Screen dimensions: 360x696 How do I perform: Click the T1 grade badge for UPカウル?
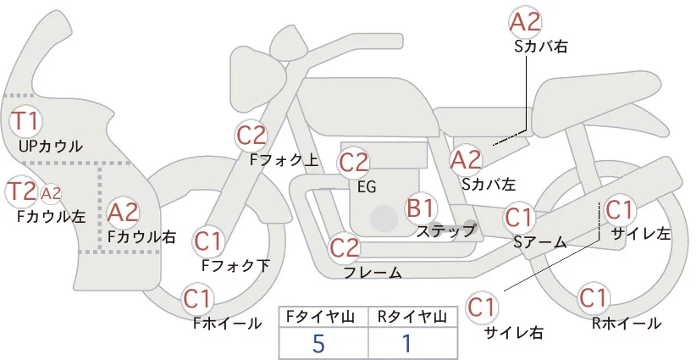[25, 120]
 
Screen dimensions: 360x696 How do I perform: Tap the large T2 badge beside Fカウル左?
[21, 192]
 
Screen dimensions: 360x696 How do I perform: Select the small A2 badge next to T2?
[51, 193]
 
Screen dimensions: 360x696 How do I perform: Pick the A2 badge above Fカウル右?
[124, 212]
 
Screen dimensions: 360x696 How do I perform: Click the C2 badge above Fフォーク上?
[251, 135]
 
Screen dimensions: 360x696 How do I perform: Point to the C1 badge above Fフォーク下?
[207, 241]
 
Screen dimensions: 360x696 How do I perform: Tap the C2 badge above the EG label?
[353, 162]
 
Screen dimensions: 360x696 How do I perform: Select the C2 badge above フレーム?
[345, 248]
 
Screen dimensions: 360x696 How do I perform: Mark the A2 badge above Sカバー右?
[525, 21]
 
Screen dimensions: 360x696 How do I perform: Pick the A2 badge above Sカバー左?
[466, 158]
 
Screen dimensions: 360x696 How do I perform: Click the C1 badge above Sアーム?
[518, 218]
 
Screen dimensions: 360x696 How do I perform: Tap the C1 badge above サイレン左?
[618, 208]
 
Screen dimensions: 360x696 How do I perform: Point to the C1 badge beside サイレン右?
[483, 306]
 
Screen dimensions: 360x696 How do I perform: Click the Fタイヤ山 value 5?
[318, 343]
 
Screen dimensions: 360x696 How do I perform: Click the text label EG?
[367, 187]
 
